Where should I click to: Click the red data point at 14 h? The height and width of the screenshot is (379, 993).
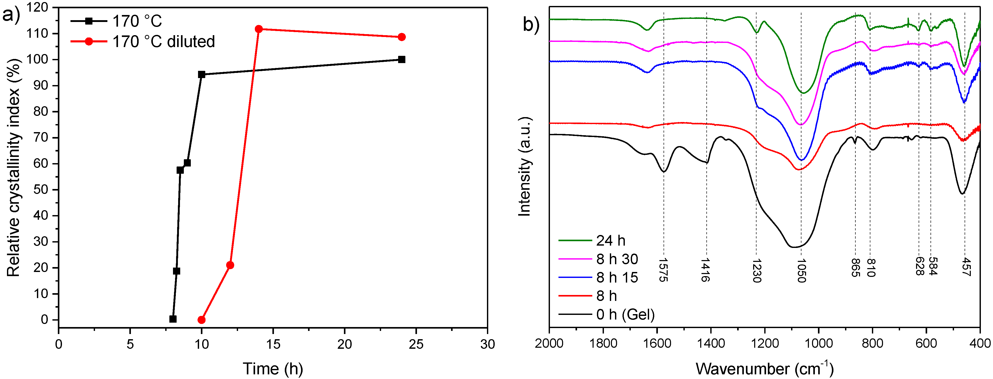coord(259,29)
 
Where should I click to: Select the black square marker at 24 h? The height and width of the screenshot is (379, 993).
coord(401,59)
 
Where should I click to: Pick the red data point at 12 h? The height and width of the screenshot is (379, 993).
coord(230,265)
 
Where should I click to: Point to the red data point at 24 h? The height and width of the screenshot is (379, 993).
coord(401,37)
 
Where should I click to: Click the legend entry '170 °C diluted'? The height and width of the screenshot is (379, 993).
coord(163,42)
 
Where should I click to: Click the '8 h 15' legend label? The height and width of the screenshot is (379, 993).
coord(617,277)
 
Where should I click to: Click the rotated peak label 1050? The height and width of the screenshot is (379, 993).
coord(801,271)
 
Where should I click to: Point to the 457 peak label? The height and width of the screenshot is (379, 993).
coord(965,267)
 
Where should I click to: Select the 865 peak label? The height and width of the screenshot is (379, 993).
coord(855,268)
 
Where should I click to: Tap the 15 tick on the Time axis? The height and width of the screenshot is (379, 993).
coord(273,344)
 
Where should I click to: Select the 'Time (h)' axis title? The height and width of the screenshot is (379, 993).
coord(273,369)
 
